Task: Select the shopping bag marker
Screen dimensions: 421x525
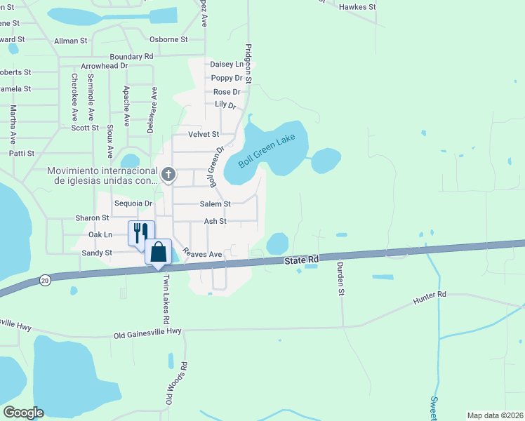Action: pyautogui.click(x=159, y=252)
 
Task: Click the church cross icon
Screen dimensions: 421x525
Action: pyautogui.click(x=168, y=174)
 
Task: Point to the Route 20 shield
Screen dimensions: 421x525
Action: pyautogui.click(x=44, y=279)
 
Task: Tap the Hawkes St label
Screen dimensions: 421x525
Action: pyautogui.click(x=357, y=6)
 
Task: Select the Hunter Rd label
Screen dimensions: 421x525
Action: pyautogui.click(x=430, y=298)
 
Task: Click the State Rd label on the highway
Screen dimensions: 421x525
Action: pyautogui.click(x=302, y=260)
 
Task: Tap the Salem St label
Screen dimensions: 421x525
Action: pyautogui.click(x=215, y=204)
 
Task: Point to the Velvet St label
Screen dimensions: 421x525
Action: pyautogui.click(x=204, y=134)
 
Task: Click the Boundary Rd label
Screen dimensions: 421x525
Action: pyautogui.click(x=131, y=56)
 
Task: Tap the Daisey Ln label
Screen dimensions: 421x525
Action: pyautogui.click(x=226, y=64)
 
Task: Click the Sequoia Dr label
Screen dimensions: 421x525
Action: pyautogui.click(x=133, y=203)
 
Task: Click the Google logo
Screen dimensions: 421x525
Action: pyautogui.click(x=23, y=413)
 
